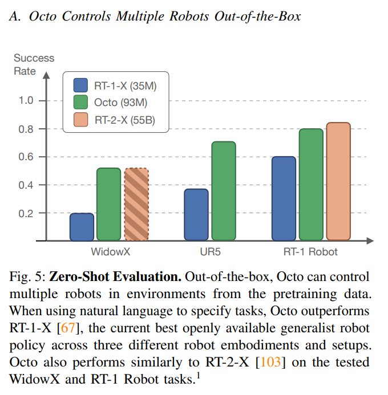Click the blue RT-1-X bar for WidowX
[x=82, y=227]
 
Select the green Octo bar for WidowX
[x=108, y=204]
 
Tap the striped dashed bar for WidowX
[x=136, y=204]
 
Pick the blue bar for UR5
[x=196, y=215]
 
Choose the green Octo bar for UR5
[x=224, y=191]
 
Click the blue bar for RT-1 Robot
[x=284, y=199]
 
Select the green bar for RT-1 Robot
[x=311, y=185]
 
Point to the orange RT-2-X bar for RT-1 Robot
[x=338, y=182]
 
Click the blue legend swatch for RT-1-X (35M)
[x=80, y=85]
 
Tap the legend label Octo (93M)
[x=120, y=103]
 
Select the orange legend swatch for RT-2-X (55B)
[x=80, y=119]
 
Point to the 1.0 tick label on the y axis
[x=26, y=100]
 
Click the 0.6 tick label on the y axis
[x=26, y=157]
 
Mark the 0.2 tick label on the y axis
[x=26, y=214]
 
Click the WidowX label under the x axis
[x=111, y=252]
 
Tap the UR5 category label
[x=210, y=252]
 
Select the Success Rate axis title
[x=34, y=64]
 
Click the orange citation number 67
[x=68, y=328]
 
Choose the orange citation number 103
[x=270, y=363]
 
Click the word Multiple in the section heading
[x=140, y=17]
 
